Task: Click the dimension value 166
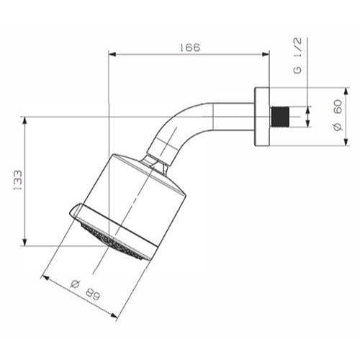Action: pyautogui.click(x=189, y=48)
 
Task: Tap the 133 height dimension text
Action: pyautogui.click(x=17, y=181)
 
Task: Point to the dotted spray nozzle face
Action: pyautogui.click(x=115, y=240)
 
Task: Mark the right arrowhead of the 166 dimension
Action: pyautogui.click(x=266, y=53)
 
